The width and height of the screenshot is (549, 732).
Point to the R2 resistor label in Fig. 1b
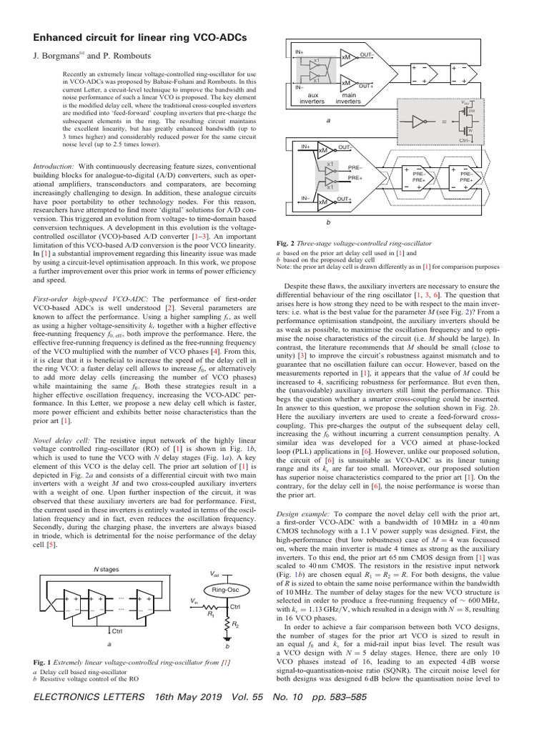pos(235,624)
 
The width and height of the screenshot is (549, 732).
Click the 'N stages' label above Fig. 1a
pos(107,569)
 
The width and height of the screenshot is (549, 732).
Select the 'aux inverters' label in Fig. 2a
pos(312,97)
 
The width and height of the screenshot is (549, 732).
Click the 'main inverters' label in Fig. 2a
pos(350,97)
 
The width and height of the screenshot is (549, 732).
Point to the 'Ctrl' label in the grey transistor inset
pos(466,140)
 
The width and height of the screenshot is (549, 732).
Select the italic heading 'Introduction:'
pos(54,166)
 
